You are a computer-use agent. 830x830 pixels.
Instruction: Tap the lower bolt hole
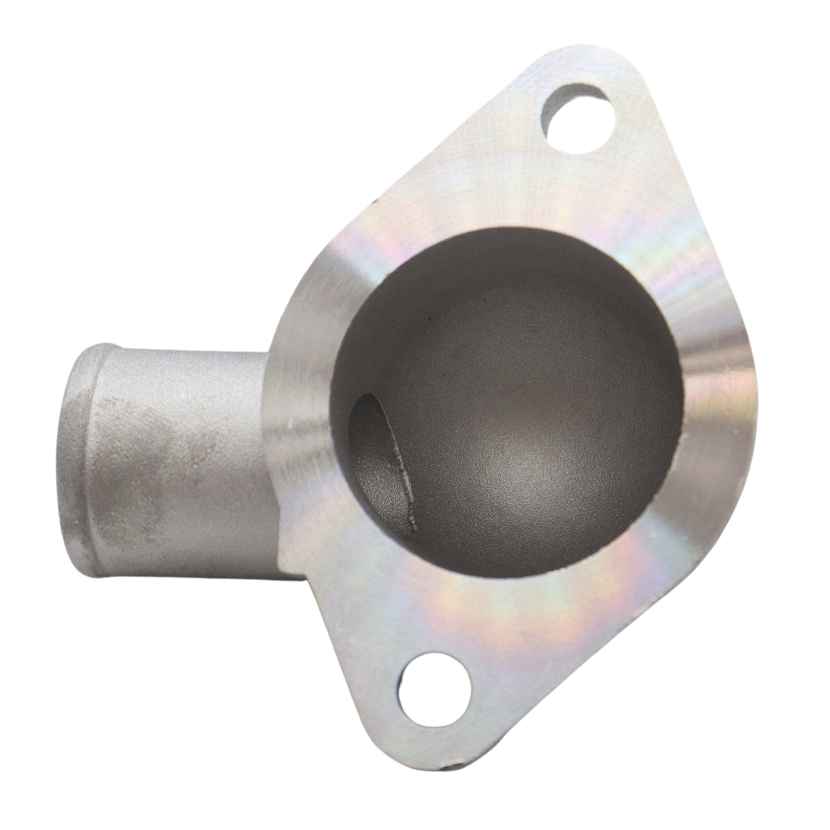(x=434, y=694)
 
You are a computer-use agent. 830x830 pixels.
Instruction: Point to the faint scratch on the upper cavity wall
(x=533, y=330)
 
